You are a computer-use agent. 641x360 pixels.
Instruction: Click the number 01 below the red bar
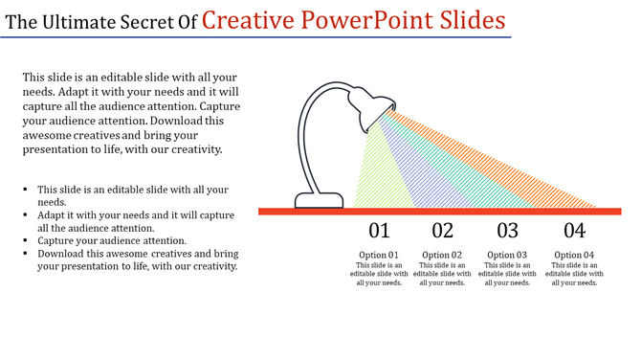coord(380,231)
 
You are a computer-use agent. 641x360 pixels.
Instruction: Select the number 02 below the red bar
coord(442,231)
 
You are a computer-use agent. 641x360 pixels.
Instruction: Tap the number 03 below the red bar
coord(508,231)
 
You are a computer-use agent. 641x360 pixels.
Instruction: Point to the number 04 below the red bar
coord(574,231)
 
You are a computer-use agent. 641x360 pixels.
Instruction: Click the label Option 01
coord(379,255)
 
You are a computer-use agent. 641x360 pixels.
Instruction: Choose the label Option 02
coord(442,255)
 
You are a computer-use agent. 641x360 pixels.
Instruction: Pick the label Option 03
coord(508,255)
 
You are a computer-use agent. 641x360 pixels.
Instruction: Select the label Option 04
coord(574,255)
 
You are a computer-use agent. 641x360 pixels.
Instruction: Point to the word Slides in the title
coord(469,19)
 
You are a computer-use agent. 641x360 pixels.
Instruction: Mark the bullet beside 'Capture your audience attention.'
coord(26,241)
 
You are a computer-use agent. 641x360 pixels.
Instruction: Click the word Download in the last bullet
coord(67,254)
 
